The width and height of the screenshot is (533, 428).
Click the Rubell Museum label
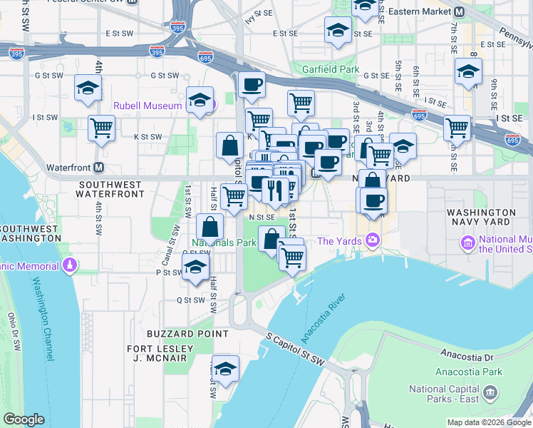click(x=148, y=105)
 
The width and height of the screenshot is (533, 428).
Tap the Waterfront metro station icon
click(x=98, y=167)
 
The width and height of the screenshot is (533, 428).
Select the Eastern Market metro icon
click(x=460, y=11)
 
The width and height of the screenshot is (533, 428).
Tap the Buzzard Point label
click(x=188, y=333)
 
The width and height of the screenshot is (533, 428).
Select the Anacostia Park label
click(x=471, y=372)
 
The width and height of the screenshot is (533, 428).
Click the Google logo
click(x=24, y=419)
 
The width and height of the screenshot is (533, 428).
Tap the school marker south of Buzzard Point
click(x=225, y=368)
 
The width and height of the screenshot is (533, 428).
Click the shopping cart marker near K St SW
click(x=102, y=128)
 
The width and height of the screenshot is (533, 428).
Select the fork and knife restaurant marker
click(x=274, y=190)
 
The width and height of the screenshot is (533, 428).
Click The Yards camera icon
click(x=371, y=240)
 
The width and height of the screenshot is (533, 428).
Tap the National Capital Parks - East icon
click(x=490, y=392)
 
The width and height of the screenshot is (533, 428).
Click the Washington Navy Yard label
click(x=480, y=218)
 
